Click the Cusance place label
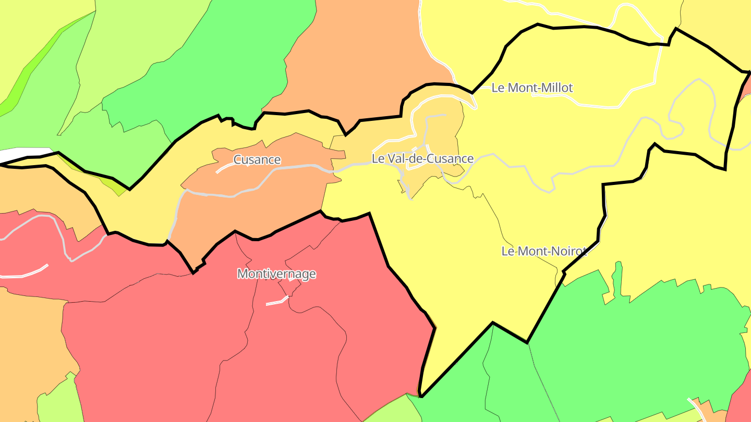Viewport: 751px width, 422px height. [257, 160]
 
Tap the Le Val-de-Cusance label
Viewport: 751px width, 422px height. [422, 158]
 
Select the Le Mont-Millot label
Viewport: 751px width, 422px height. [532, 88]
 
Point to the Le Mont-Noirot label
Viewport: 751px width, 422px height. [544, 251]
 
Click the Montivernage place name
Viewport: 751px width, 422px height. [276, 274]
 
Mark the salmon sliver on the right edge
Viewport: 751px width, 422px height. [746, 86]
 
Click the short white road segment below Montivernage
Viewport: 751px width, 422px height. [277, 301]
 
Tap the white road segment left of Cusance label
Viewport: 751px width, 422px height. [225, 167]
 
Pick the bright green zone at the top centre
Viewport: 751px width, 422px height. [219, 63]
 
